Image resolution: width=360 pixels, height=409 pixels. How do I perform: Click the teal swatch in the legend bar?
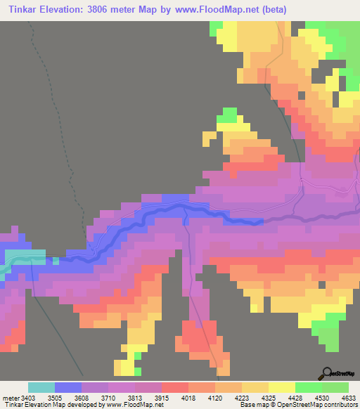point(41,387)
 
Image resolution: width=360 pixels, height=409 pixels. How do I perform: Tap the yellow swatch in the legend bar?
point(281,387)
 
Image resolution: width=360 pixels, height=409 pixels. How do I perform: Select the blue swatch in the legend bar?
point(68,387)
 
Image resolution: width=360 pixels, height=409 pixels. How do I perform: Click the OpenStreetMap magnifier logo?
point(327,373)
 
